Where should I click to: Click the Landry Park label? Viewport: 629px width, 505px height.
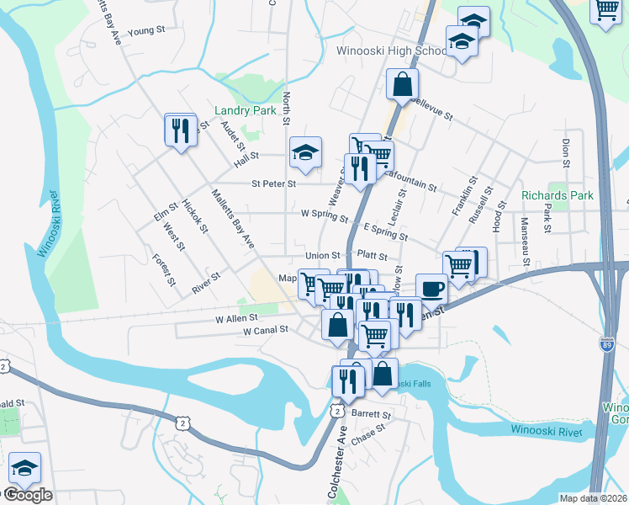point(246,110)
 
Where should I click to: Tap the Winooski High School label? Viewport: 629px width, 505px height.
point(391,51)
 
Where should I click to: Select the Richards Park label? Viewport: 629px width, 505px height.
point(558,195)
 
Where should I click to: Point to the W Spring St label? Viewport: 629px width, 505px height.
point(325,215)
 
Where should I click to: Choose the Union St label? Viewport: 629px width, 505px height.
point(322,256)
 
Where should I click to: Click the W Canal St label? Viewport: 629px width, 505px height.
point(266,332)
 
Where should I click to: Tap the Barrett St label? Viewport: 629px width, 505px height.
point(373,415)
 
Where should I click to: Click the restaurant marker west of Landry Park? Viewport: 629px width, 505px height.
point(181,132)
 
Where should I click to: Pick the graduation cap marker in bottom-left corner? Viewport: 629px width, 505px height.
point(24,469)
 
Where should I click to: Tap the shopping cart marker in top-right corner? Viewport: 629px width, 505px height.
point(607,11)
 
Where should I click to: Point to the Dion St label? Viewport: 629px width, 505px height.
point(566,152)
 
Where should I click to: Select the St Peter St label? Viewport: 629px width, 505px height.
point(274,183)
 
